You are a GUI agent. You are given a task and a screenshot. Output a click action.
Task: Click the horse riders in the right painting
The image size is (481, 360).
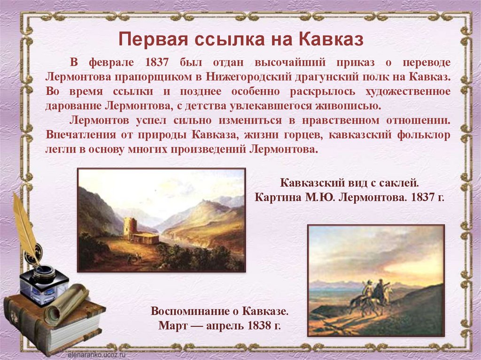(371, 296)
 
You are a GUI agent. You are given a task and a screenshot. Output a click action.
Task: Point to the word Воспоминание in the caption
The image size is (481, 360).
(193, 311)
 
